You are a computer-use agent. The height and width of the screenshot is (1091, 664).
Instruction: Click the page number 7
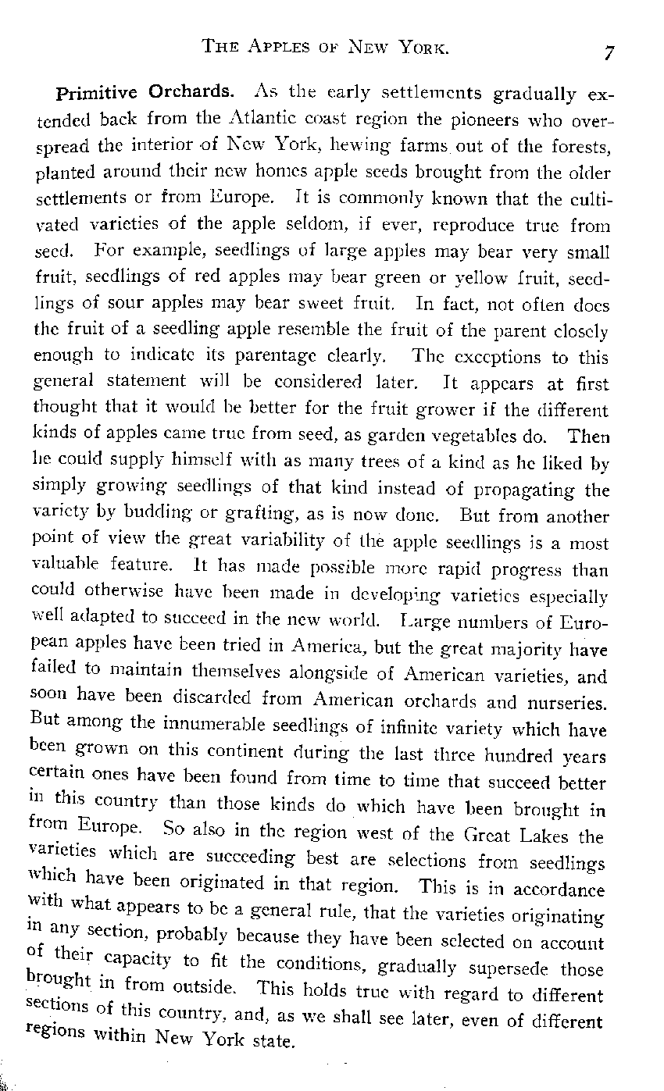pyautogui.click(x=609, y=53)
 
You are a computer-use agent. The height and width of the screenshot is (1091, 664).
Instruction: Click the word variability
pyautogui.click(x=294, y=544)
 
